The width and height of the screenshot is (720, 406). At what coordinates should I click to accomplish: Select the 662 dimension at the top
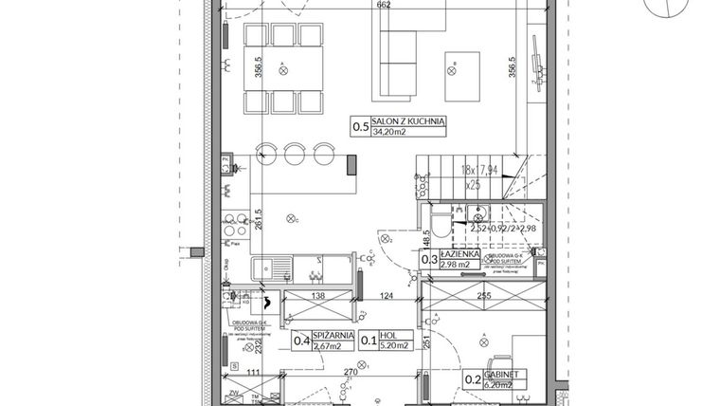coord(383,6)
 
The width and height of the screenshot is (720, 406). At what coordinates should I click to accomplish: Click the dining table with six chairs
coord(282,68)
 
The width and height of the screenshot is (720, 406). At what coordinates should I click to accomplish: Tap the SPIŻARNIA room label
coord(336,336)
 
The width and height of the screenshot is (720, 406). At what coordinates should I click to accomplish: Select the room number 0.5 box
coord(360,126)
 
